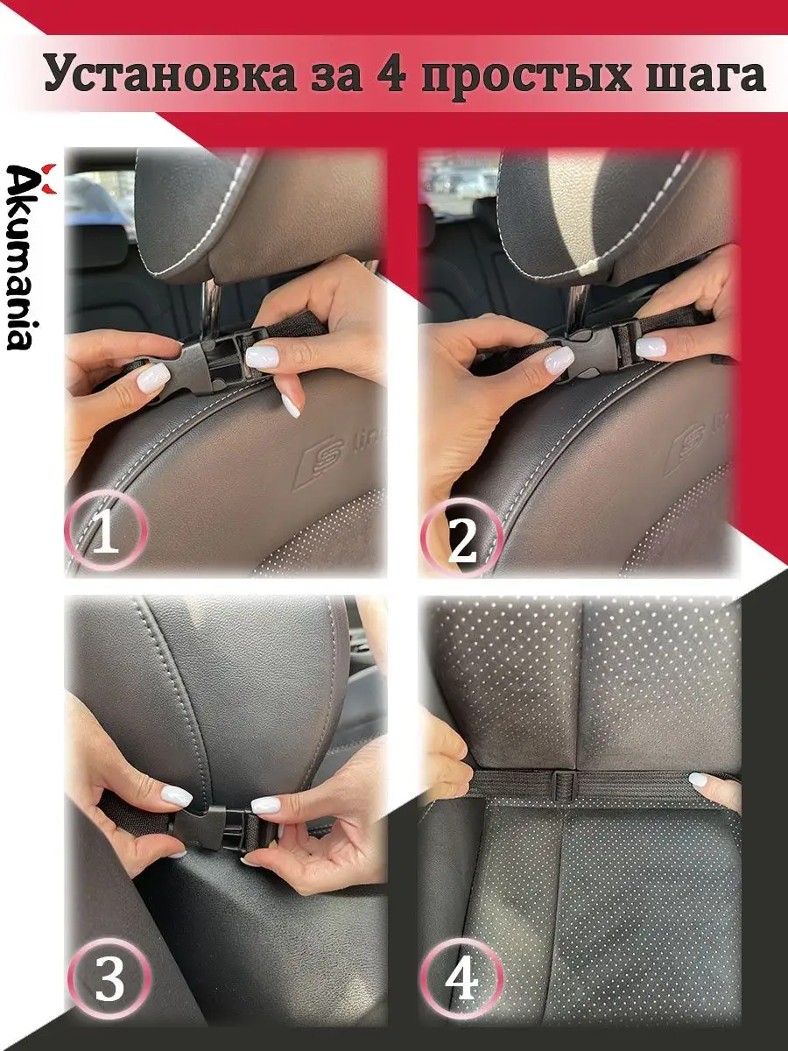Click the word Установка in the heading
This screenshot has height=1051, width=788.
tap(171, 74)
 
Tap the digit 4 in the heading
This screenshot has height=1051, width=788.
tap(390, 74)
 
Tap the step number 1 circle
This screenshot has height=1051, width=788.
tap(104, 532)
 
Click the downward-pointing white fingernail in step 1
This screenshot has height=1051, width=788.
tap(291, 406)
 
